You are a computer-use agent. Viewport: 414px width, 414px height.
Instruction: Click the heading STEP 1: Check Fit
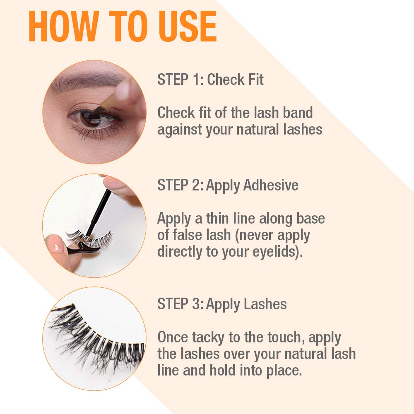210,79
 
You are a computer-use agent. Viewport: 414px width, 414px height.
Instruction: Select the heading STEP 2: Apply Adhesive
228,185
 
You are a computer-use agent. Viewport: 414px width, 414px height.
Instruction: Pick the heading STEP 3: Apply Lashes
222,304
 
